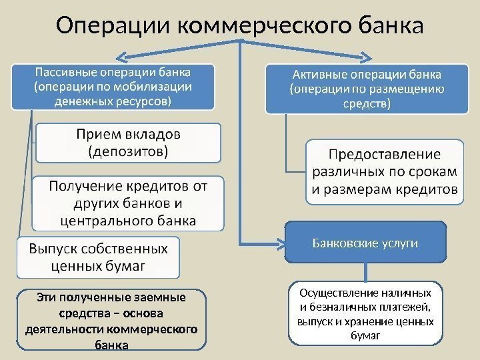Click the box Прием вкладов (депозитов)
tap(129, 142)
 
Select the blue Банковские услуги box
tap(365, 242)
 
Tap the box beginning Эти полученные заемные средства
tap(111, 319)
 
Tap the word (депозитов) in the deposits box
tap(129, 151)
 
